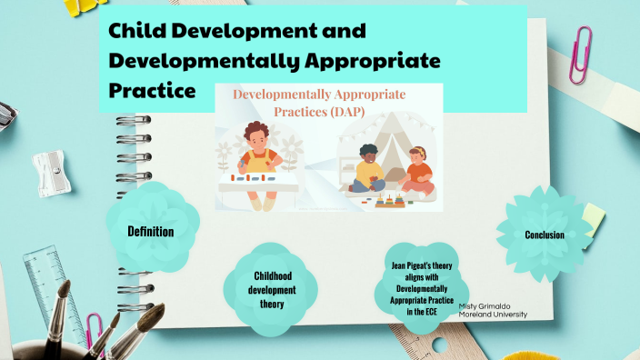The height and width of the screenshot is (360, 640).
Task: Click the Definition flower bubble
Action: [x=151, y=231]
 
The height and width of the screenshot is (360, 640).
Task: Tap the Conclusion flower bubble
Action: [x=544, y=235]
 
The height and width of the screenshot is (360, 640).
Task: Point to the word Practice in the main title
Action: [x=152, y=91]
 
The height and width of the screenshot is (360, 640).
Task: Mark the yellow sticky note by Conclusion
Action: [x=593, y=217]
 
